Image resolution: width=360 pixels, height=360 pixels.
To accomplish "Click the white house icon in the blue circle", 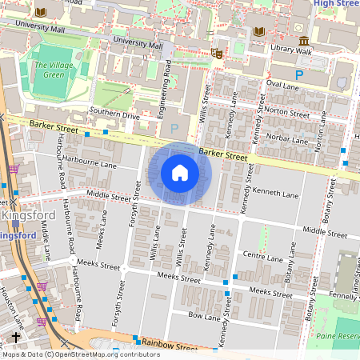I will coord(180,173).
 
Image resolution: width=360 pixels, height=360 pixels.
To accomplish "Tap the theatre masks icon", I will coord(216,54).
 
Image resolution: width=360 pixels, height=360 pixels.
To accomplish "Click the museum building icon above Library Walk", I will coord(303,41).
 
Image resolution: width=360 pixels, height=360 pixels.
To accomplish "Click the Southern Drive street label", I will coord(114,114).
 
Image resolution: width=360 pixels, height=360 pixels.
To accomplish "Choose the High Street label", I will coord(335,4).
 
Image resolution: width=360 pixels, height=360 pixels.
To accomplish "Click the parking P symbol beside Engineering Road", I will coord(174,127).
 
